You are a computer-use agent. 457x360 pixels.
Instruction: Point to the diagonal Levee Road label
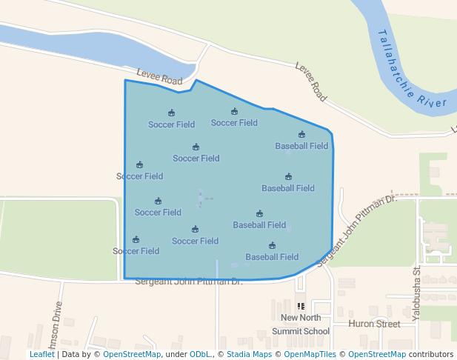(x=311, y=81)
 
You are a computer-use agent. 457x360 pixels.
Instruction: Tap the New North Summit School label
(x=300, y=324)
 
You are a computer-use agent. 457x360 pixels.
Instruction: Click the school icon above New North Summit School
(x=301, y=306)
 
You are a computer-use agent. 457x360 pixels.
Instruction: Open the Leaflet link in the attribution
(x=41, y=354)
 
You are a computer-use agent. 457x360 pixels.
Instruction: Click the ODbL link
(x=200, y=354)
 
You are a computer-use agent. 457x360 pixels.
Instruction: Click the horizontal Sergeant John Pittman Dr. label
(x=189, y=281)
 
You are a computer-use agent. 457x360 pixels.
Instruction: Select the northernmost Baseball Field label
(x=301, y=146)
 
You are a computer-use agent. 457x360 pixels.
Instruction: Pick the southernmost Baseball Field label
(x=272, y=257)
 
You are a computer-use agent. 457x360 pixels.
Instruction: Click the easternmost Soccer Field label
(x=234, y=123)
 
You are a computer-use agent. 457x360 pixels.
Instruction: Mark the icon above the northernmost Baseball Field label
(x=301, y=135)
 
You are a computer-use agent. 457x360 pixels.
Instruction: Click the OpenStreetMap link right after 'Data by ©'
(x=132, y=354)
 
